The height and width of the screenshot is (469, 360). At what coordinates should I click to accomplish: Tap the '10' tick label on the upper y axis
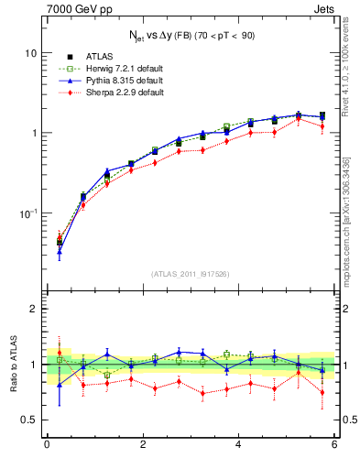(30, 53)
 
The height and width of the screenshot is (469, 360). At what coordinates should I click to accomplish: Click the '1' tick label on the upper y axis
(34, 133)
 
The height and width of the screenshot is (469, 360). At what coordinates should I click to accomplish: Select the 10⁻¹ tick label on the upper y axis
(28, 213)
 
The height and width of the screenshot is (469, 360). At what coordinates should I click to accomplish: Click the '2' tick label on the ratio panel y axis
(34, 310)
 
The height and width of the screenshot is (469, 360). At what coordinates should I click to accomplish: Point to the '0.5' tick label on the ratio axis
(29, 420)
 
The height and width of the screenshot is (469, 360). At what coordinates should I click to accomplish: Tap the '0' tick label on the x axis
(47, 446)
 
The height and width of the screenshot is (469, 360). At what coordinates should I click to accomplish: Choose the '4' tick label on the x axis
(238, 446)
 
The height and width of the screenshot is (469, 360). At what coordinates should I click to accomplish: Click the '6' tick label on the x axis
(334, 446)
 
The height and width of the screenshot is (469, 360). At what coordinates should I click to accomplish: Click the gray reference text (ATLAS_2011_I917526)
(191, 274)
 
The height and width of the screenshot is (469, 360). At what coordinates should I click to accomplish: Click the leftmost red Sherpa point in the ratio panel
(59, 352)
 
